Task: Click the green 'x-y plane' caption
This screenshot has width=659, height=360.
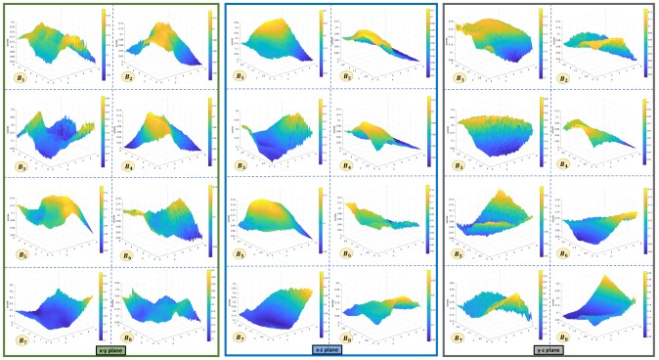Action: pos(110,347)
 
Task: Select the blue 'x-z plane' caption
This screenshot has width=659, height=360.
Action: pos(328,347)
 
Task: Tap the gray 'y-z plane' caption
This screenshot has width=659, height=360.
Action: pos(549,347)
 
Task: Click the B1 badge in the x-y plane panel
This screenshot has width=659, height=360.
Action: pos(20,75)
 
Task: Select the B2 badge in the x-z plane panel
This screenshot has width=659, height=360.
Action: pos(347,75)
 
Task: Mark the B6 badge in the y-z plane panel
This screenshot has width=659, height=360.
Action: pos(564,251)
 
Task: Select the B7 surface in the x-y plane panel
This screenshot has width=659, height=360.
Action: pos(54,303)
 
